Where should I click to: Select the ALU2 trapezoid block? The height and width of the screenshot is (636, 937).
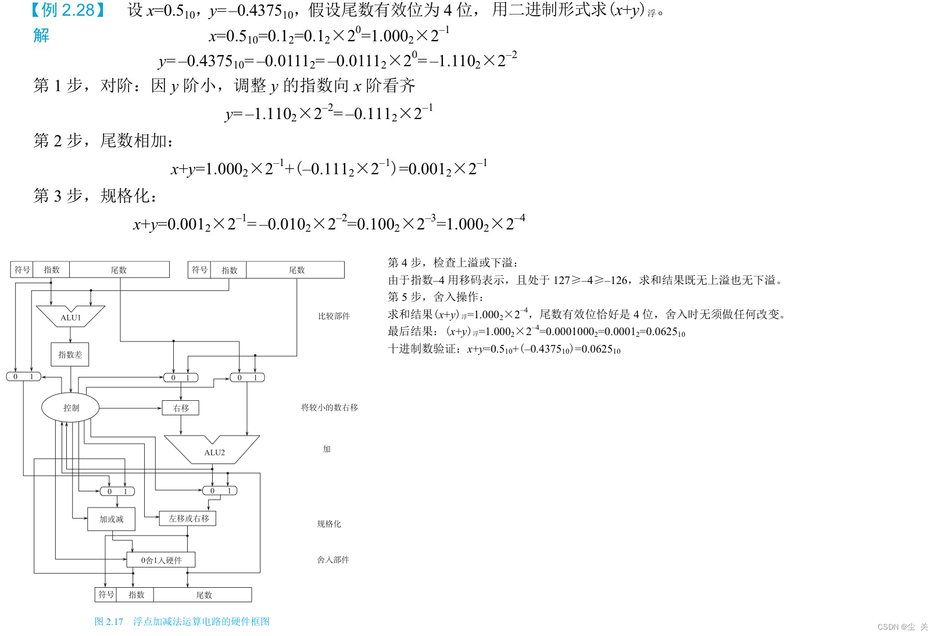pyautogui.click(x=213, y=451)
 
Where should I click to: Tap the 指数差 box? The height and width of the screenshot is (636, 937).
pyautogui.click(x=70, y=354)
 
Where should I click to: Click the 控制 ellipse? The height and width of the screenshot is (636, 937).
pyautogui.click(x=71, y=408)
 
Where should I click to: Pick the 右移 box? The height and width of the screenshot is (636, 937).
pyautogui.click(x=181, y=408)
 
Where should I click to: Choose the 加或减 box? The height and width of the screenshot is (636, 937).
pyautogui.click(x=111, y=519)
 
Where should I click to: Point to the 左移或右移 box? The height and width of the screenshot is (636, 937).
pyautogui.click(x=188, y=518)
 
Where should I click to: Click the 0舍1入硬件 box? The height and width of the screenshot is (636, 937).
pyautogui.click(x=161, y=560)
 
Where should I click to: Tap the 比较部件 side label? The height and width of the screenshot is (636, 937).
pyautogui.click(x=334, y=316)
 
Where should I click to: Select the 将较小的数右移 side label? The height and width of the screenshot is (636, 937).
pyautogui.click(x=329, y=407)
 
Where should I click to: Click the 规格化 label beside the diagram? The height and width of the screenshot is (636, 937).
pyautogui.click(x=329, y=524)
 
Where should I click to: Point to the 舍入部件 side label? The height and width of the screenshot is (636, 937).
pyautogui.click(x=333, y=559)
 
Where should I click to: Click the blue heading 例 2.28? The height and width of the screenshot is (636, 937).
pyautogui.click(x=68, y=10)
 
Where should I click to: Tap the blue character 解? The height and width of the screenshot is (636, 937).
pyautogui.click(x=41, y=35)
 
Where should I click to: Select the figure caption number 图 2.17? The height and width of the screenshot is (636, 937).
pyautogui.click(x=109, y=621)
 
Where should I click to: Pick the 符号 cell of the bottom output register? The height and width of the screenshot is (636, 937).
pyautogui.click(x=106, y=595)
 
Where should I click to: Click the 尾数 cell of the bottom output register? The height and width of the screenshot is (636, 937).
pyautogui.click(x=203, y=595)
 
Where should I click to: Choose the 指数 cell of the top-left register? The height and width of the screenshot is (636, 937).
pyautogui.click(x=51, y=270)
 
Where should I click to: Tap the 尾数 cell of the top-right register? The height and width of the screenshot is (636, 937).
pyautogui.click(x=296, y=270)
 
